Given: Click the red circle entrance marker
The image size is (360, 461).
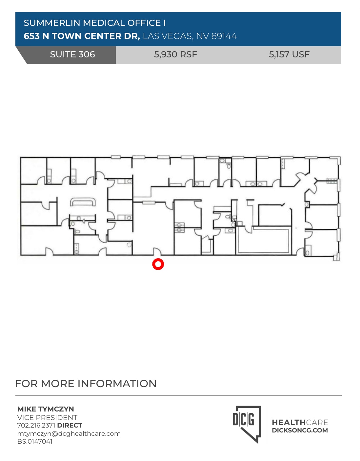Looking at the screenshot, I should click(x=158, y=264).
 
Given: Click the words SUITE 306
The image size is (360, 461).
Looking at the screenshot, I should click(x=72, y=54).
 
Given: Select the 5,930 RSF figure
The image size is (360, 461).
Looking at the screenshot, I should click(x=175, y=54).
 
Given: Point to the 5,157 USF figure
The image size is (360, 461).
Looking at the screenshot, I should click(x=289, y=54).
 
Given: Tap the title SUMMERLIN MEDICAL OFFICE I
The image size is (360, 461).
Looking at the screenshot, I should click(x=95, y=23).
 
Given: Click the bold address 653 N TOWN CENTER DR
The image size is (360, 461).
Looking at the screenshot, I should click(x=82, y=36).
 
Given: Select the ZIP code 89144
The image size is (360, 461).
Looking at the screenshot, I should click(x=224, y=36).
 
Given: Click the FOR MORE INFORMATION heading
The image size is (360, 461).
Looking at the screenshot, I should click(x=86, y=384).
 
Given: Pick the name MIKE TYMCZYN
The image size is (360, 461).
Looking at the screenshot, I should click(x=46, y=409).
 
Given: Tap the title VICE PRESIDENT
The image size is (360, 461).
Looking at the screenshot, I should click(x=47, y=417).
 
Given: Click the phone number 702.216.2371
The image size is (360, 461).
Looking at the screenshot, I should click(x=36, y=425).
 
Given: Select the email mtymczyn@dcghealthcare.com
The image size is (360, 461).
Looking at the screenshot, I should click(x=69, y=433).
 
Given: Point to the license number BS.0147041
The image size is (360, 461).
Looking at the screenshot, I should click(x=35, y=441).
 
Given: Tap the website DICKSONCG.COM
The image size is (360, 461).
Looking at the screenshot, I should click(x=300, y=431).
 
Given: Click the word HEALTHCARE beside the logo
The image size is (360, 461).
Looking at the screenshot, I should click(x=300, y=422).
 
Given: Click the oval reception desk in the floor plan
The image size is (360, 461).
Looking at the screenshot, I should click(x=83, y=202).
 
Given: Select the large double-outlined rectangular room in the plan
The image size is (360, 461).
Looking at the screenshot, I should click(x=264, y=240).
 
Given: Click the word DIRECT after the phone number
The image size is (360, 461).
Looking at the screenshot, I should click(x=70, y=425).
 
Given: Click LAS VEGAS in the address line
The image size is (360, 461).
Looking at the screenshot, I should click(x=167, y=36).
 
